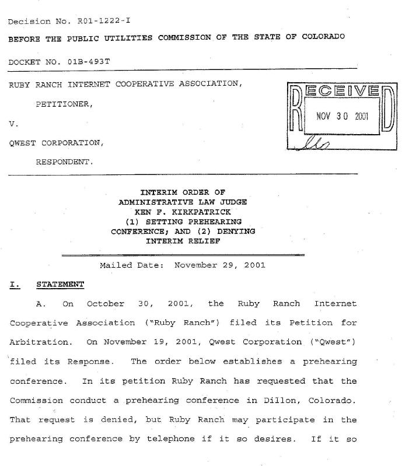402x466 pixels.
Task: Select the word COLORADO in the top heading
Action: pyautogui.click(x=323, y=36)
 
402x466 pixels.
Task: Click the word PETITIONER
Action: pyautogui.click(x=64, y=104)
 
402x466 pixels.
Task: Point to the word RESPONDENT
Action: pyautogui.click(x=64, y=162)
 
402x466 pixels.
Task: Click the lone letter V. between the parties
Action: pyautogui.click(x=12, y=124)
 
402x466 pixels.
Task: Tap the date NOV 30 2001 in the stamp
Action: pyautogui.click(x=342, y=115)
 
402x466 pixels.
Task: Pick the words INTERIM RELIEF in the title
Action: pyautogui.click(x=183, y=241)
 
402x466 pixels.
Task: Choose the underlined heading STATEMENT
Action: pyautogui.click(x=60, y=285)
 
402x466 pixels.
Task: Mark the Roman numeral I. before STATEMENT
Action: pyautogui.click(x=13, y=285)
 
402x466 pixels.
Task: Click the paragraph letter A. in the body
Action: pyautogui.click(x=40, y=304)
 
